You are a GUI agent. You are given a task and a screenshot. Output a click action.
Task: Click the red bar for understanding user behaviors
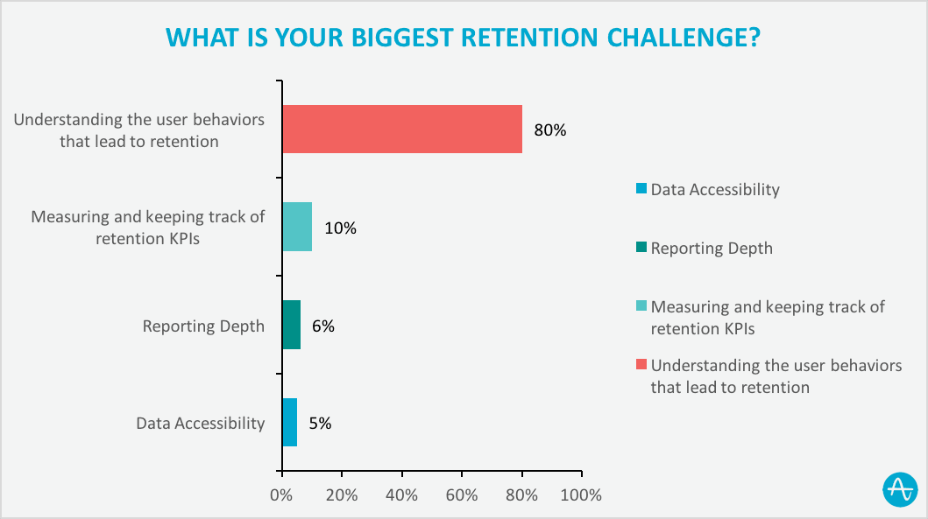tap(402, 130)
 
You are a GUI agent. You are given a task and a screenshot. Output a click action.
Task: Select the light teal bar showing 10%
tap(297, 228)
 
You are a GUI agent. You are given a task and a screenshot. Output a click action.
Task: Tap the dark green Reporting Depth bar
tap(291, 326)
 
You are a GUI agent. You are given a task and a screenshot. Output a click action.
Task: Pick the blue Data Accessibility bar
tap(289, 423)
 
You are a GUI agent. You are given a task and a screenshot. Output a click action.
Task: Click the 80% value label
tap(550, 130)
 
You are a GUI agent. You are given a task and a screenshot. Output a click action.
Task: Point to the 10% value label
tap(340, 228)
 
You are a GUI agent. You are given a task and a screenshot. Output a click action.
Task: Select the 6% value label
tap(322, 326)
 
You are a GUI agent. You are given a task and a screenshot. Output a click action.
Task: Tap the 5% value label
tap(319, 424)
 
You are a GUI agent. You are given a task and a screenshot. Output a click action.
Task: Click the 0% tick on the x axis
tap(281, 495)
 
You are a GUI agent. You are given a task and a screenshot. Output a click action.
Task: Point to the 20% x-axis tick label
tap(341, 495)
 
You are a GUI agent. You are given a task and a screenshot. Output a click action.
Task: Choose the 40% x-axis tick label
tap(401, 495)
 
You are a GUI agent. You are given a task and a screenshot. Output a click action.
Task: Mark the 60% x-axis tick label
tap(461, 495)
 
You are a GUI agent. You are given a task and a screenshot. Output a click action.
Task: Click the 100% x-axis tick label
tap(580, 495)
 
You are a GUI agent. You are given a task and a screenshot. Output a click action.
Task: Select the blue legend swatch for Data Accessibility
tap(641, 190)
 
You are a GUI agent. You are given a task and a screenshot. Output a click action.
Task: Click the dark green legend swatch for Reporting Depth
tap(641, 249)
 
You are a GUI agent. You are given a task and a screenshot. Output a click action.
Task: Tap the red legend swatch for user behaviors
tap(641, 366)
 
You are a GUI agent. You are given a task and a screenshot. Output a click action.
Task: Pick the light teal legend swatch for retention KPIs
tap(641, 307)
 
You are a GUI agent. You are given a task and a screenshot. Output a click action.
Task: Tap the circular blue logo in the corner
tap(900, 489)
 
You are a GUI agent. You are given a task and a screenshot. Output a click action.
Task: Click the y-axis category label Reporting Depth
tap(203, 326)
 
